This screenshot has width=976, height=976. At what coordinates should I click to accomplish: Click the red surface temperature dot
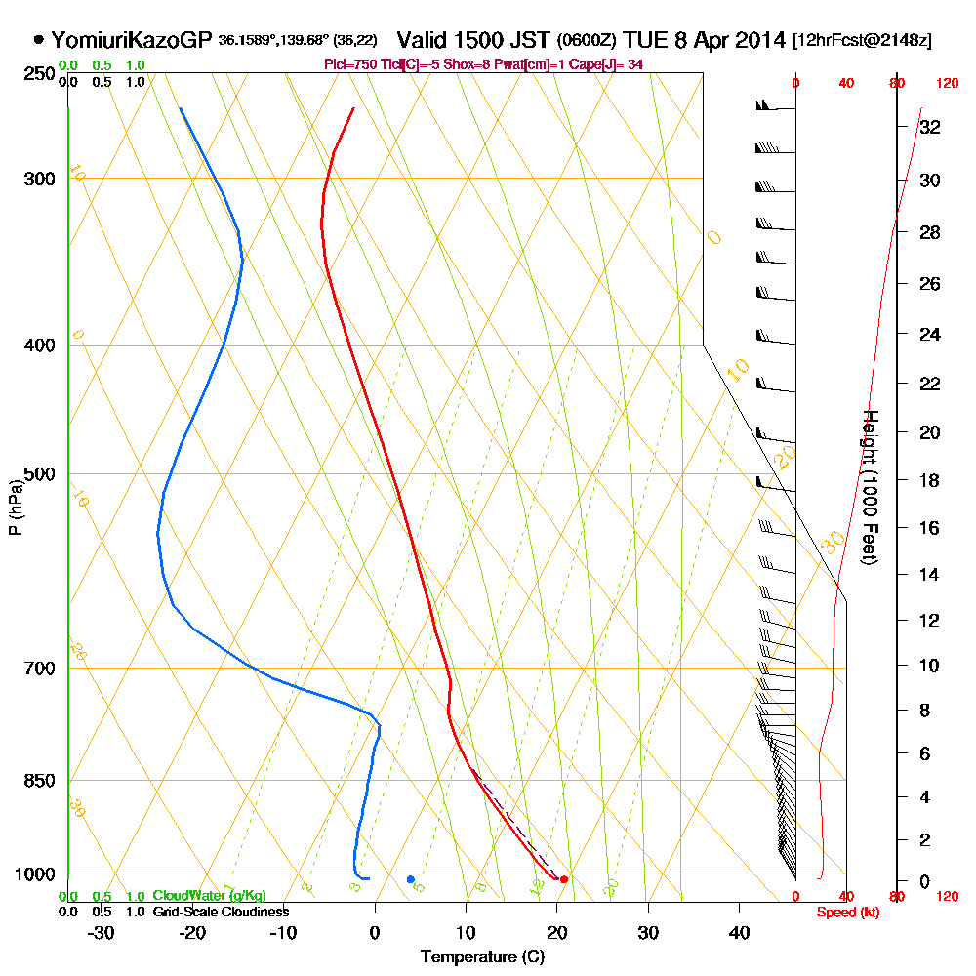coord(564,879)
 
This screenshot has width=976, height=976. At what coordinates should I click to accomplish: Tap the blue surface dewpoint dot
coord(410,879)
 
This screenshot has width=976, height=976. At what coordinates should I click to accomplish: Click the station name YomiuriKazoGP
coord(131,40)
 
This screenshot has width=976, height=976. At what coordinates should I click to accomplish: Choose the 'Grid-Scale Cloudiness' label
coord(221,912)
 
